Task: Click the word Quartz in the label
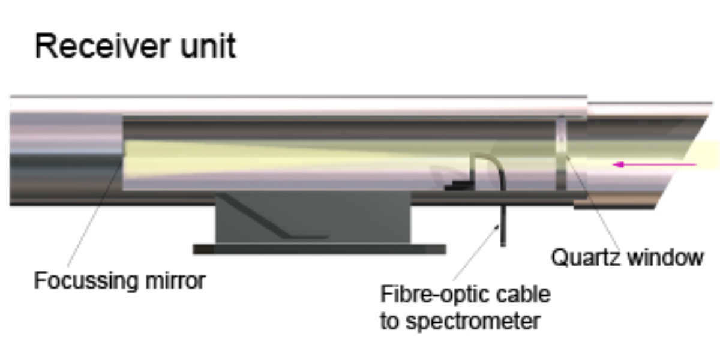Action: [x=586, y=258]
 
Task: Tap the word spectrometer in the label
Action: [x=473, y=322]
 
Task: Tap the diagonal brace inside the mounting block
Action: [x=264, y=216]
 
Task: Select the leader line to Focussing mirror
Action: [x=90, y=222]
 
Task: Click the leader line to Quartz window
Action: [x=591, y=204]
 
